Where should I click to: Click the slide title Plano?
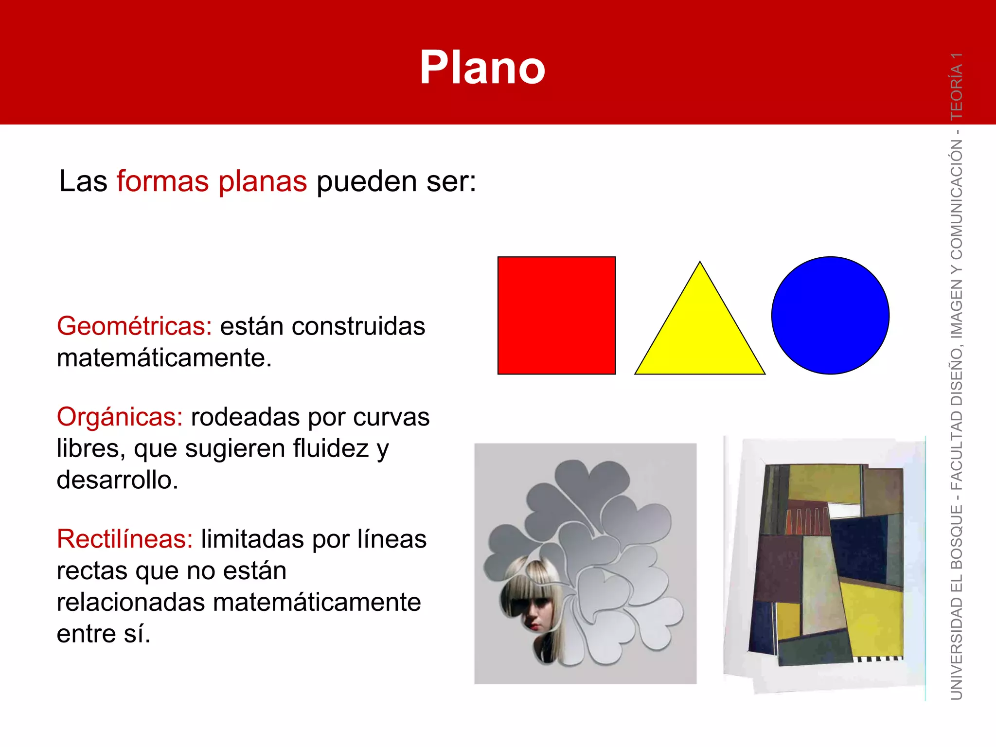click(x=482, y=68)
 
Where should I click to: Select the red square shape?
click(x=556, y=316)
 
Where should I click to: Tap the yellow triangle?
click(x=700, y=336)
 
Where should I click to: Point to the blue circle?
click(x=830, y=316)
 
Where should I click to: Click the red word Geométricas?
click(x=134, y=326)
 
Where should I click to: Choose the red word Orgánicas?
click(x=120, y=417)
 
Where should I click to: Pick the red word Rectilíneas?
click(x=125, y=539)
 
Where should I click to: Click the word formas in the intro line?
click(x=162, y=181)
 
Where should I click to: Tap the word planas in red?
click(x=263, y=181)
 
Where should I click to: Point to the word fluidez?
click(x=331, y=448)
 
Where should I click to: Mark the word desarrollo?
click(x=117, y=480)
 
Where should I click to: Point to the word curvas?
click(x=391, y=417)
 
